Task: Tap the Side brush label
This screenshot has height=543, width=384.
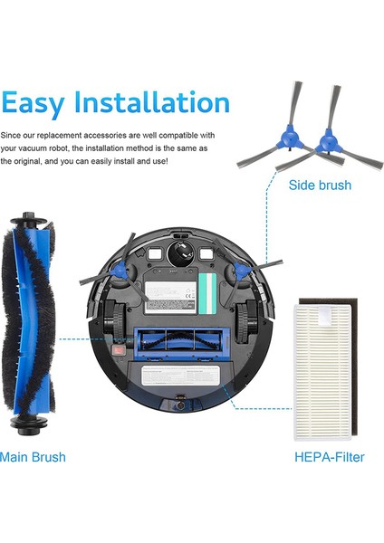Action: (x=320, y=186)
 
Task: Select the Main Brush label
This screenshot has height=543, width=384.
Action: (x=33, y=457)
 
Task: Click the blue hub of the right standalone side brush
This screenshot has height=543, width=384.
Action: (x=323, y=140)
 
